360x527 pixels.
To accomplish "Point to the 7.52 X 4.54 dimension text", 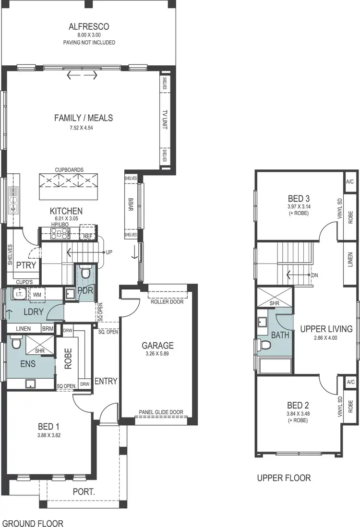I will pyautogui.click(x=83, y=127).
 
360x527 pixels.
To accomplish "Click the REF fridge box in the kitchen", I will pyautogui.click(x=87, y=236).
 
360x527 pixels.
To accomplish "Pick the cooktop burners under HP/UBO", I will pyautogui.click(x=60, y=234).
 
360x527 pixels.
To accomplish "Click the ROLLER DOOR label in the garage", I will pyautogui.click(x=167, y=302).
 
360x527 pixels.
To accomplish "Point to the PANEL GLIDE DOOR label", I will pyautogui.click(x=160, y=412).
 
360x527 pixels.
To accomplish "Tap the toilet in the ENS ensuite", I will pyautogui.click(x=15, y=344).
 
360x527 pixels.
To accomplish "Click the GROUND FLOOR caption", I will pyautogui.click(x=33, y=523).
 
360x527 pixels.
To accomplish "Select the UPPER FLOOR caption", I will pyautogui.click(x=284, y=478).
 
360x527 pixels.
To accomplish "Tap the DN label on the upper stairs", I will pyautogui.click(x=315, y=275).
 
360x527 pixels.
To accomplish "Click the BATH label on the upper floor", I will pyautogui.click(x=280, y=335).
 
